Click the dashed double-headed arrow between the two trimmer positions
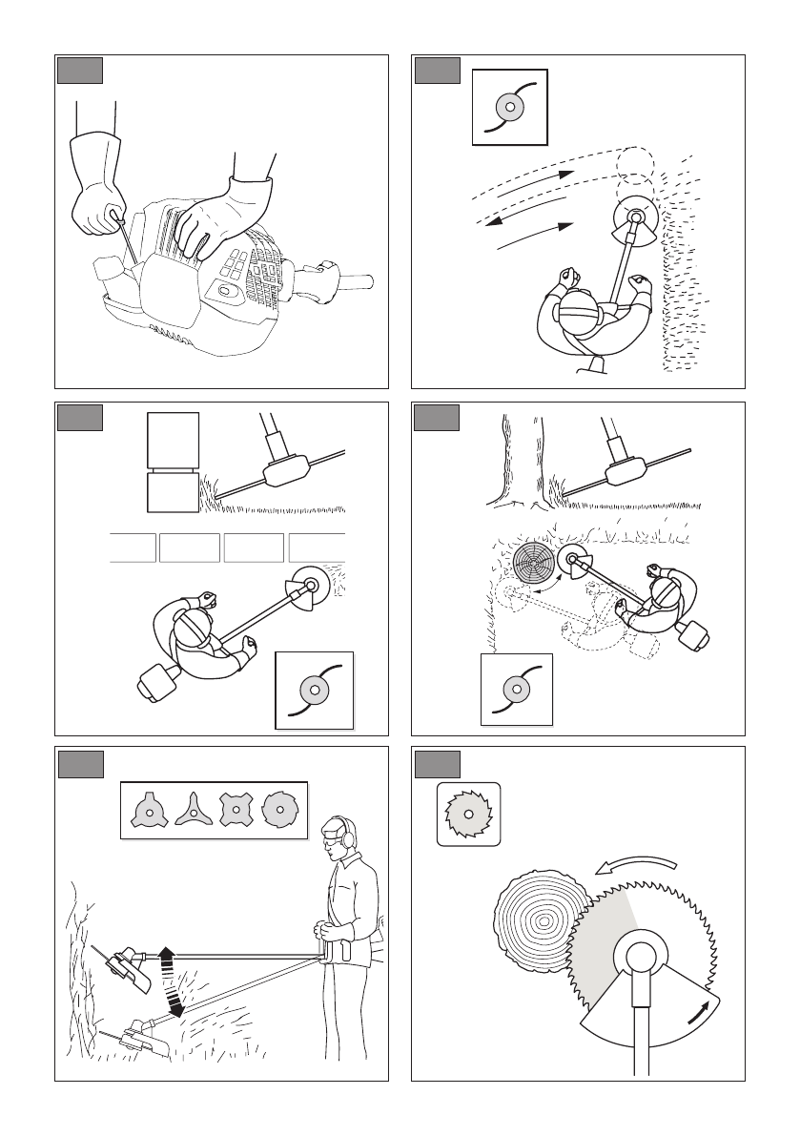tap(169, 981)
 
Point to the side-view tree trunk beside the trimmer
tap(514, 458)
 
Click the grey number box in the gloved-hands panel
tap(80, 71)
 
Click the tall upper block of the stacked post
tap(174, 438)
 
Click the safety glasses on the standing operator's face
tap(332, 840)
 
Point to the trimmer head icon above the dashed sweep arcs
tap(510, 107)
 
